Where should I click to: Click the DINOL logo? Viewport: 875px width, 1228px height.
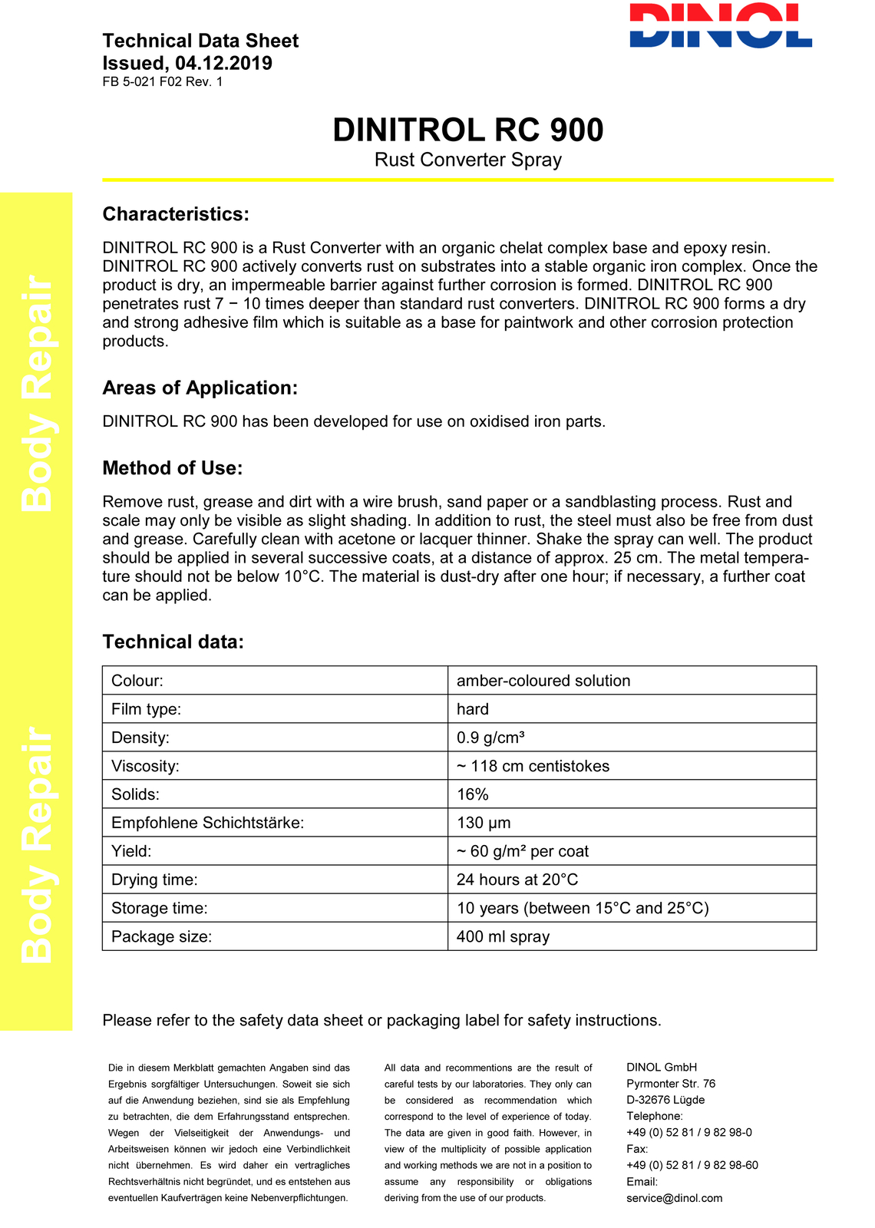point(720,26)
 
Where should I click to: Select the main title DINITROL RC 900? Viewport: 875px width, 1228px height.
point(467,130)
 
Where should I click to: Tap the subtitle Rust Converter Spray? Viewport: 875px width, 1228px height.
point(467,160)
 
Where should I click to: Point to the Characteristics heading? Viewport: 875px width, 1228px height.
point(176,214)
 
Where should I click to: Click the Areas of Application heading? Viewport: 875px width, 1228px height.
point(200,388)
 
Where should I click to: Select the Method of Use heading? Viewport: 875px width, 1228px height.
point(172,468)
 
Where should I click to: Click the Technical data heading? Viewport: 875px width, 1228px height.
point(173,642)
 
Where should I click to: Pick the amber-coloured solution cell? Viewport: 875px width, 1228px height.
point(543,681)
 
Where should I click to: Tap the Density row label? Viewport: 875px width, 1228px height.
point(140,738)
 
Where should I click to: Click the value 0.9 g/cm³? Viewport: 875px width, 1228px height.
point(490,738)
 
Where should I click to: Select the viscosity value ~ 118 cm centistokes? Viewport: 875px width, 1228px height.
point(533,766)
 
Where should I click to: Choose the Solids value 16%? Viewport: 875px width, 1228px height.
point(472,794)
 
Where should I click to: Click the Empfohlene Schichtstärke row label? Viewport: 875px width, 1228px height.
point(207,823)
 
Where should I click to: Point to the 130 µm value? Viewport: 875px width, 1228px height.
point(484,823)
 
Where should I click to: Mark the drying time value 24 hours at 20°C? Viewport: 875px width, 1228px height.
point(517,880)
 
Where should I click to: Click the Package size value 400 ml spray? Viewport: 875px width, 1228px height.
point(503,936)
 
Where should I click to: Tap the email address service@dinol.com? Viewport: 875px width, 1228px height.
point(674,1198)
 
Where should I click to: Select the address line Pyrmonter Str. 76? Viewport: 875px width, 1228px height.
point(670,1084)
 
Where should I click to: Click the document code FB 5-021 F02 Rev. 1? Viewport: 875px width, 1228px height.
point(162,82)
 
